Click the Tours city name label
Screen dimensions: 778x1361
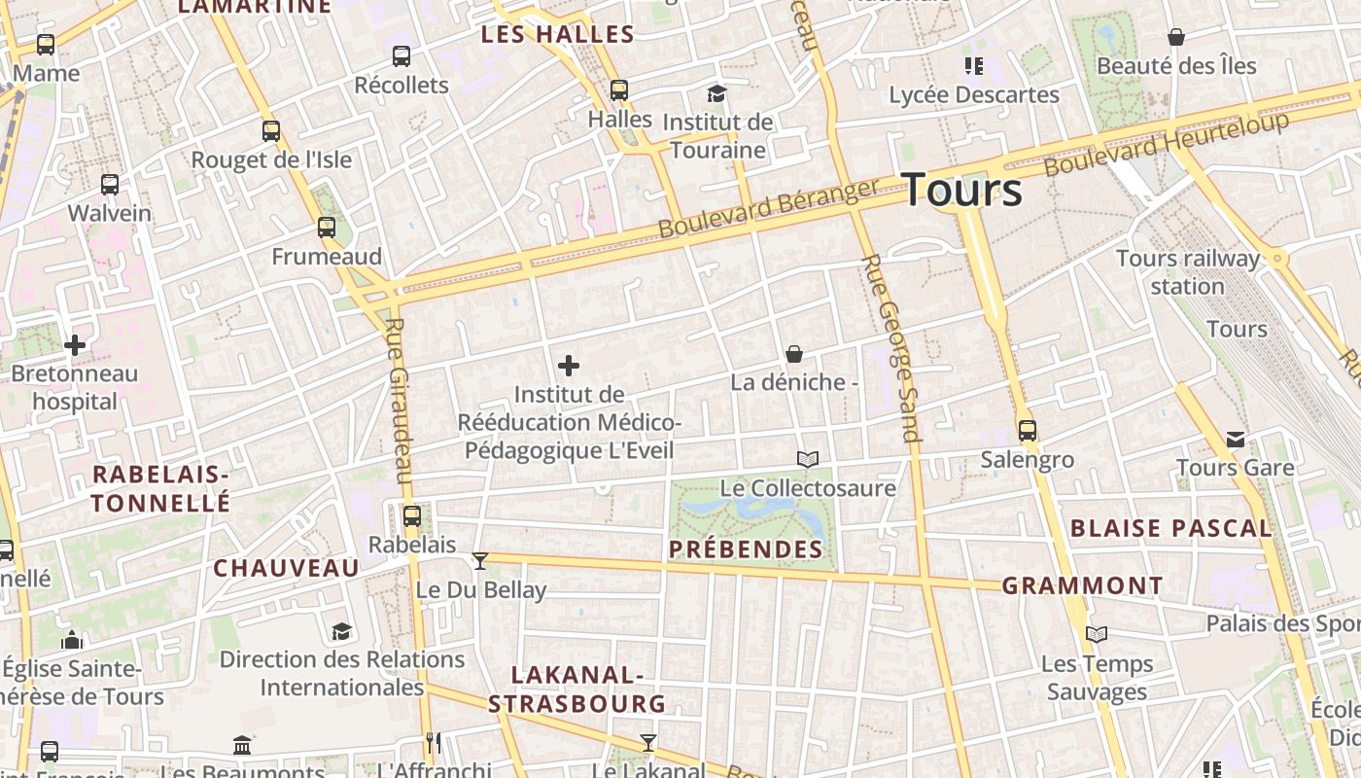[x=961, y=190]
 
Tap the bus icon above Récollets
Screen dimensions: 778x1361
[x=401, y=56]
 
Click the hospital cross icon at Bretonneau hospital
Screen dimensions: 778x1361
[x=75, y=345]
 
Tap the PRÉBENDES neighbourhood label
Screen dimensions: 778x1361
[x=746, y=549]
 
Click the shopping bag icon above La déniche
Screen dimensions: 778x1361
[x=794, y=354]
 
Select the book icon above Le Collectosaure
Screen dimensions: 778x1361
[x=808, y=459]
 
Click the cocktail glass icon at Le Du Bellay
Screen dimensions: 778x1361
[x=479, y=561]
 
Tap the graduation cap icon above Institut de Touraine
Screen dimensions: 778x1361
[x=716, y=93]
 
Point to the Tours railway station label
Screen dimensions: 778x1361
[x=1187, y=272]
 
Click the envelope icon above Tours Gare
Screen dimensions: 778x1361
[x=1235, y=440]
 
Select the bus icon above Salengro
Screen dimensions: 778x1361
[x=1028, y=431]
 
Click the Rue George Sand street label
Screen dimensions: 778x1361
[x=890, y=347]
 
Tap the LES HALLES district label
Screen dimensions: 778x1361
[x=558, y=35]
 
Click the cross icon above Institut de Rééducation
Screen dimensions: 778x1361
[x=569, y=366]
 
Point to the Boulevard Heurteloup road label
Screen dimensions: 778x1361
[x=1167, y=144]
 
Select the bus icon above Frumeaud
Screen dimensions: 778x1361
[x=327, y=229]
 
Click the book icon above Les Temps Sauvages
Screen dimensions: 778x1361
[x=1097, y=635]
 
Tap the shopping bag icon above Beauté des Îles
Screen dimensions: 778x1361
[x=1176, y=37]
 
